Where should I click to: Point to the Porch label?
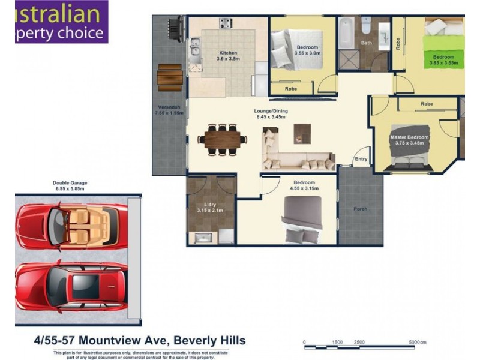[360, 209]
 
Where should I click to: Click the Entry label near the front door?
[361, 159]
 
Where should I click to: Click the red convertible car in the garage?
[71, 224]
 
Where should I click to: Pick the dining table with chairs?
[221, 140]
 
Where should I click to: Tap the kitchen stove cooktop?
[226, 23]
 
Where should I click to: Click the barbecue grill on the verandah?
[175, 28]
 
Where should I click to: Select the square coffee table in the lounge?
[302, 133]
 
